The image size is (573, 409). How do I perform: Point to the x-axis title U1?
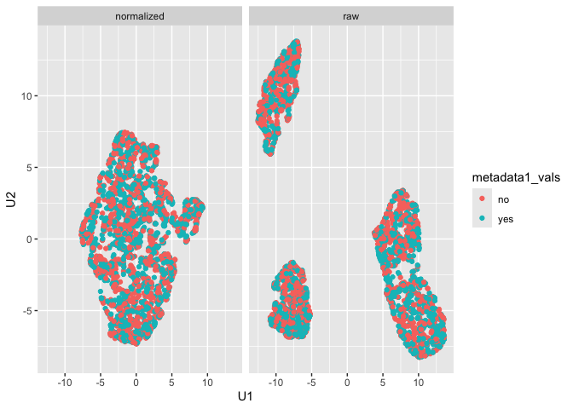click(x=246, y=397)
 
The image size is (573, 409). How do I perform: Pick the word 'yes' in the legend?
click(x=506, y=219)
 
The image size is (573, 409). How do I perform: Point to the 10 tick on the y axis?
click(x=27, y=95)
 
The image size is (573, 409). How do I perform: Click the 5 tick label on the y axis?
click(x=30, y=167)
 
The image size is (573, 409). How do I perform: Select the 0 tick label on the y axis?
click(x=30, y=239)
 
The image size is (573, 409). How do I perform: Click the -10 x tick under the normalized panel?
click(x=64, y=383)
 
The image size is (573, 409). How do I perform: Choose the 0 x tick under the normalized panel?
click(x=136, y=383)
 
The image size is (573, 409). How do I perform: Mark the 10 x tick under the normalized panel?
click(x=207, y=383)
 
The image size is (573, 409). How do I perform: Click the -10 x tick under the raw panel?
click(x=275, y=383)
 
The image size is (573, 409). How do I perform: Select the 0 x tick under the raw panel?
click(x=347, y=383)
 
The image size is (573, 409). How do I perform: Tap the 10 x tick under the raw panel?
click(x=419, y=383)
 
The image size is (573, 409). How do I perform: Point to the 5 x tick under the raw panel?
click(x=383, y=383)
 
